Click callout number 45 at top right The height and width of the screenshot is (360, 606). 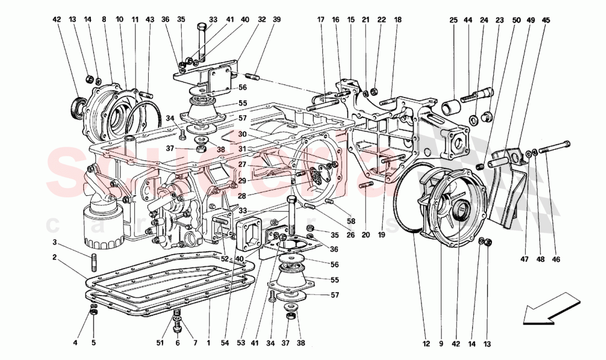point(546,20)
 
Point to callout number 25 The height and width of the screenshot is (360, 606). point(453,20)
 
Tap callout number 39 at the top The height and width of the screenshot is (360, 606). point(277,20)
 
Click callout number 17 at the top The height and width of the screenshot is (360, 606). point(320,20)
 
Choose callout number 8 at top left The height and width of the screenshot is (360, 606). point(104,20)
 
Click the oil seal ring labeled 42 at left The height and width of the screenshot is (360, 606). point(77,106)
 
